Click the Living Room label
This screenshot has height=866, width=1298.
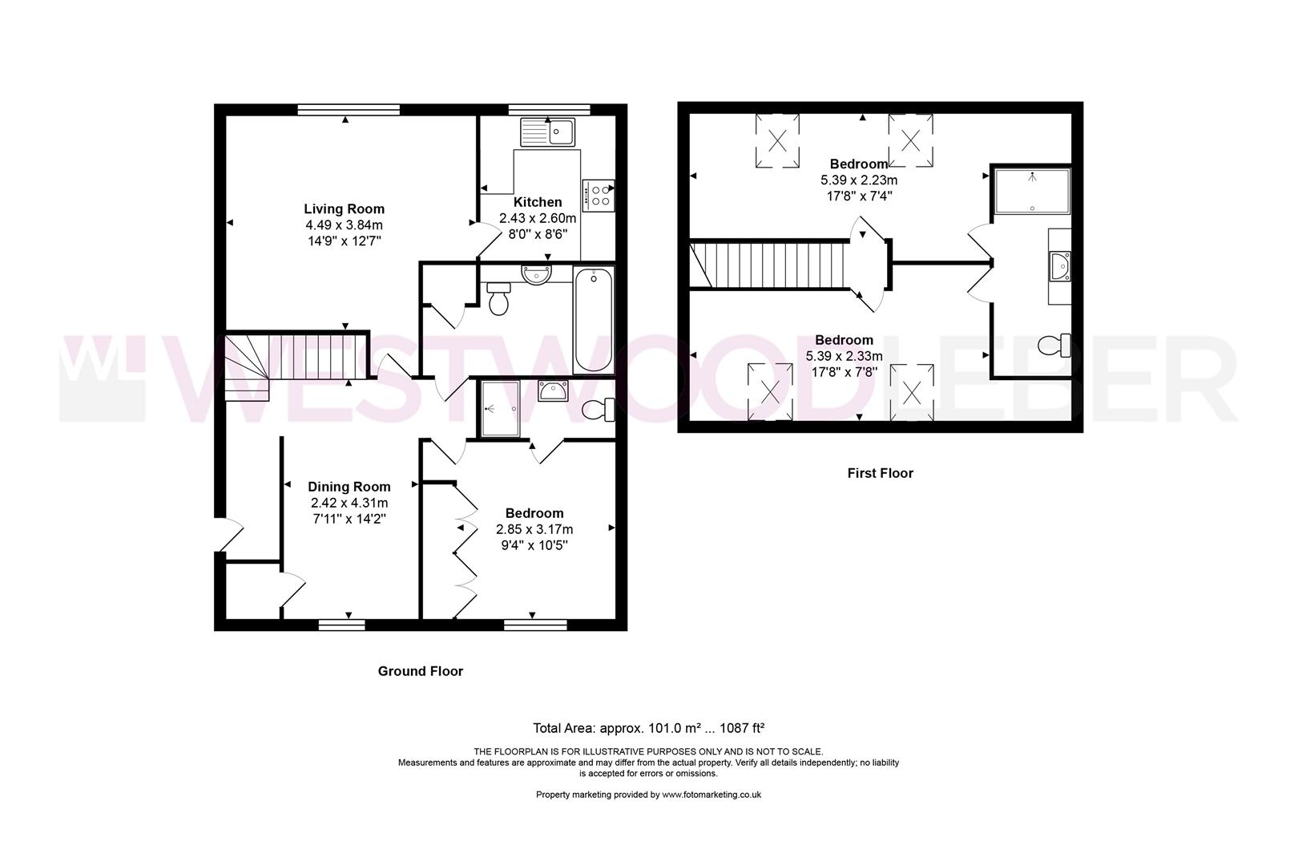pos(344,209)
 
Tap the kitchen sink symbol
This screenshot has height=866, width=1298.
pos(547,132)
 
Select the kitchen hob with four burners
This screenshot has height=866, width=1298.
pos(599,195)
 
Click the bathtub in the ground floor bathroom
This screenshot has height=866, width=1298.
pos(593,320)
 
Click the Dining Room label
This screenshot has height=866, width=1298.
pos(349,487)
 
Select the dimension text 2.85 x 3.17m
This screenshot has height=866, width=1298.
pos(534,529)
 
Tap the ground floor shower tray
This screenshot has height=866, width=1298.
pos(500,409)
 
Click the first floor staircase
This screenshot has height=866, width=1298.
pos(774,265)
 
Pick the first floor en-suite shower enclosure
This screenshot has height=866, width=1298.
pos(1032,191)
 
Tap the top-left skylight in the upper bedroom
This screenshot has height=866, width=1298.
pos(777,141)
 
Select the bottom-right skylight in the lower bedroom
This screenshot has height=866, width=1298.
pos(912,392)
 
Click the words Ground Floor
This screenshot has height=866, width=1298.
pos(420,671)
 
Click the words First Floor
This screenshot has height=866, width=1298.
pos(880,473)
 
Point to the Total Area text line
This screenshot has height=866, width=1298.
pos(648,728)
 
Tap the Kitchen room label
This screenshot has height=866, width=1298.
pos(538,202)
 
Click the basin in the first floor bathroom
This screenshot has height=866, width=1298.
pos(1061,265)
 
